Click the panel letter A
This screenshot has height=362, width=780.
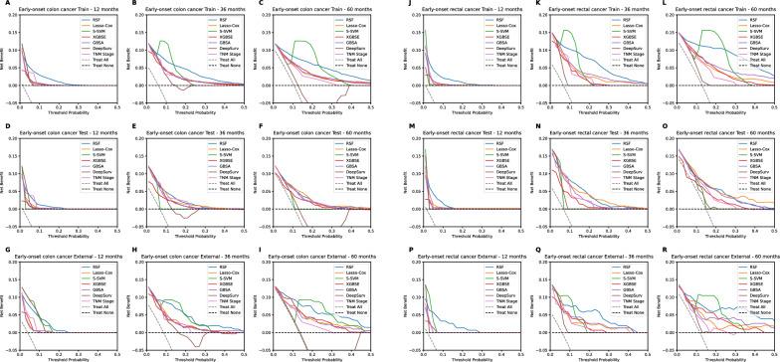coord(4,4)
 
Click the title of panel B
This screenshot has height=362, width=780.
coord(193,6)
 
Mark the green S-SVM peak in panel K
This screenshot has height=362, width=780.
coord(567,31)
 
